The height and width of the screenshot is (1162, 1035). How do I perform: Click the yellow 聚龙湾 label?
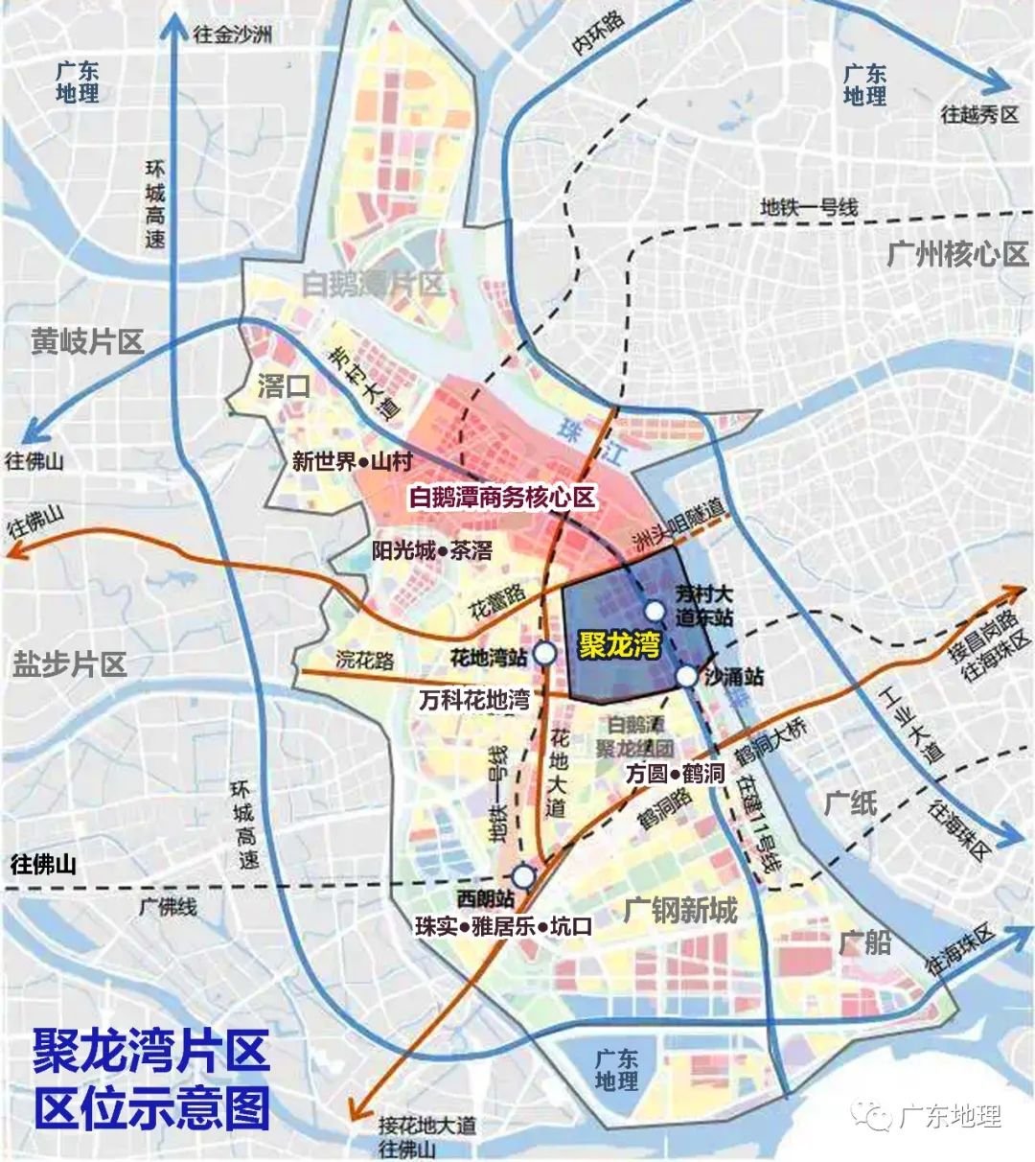pos(619,645)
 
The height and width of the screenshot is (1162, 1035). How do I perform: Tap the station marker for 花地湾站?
pos(543,654)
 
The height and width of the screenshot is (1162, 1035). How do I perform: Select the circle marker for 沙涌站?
pos(687,677)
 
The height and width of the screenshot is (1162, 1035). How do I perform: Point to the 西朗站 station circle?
pos(522,876)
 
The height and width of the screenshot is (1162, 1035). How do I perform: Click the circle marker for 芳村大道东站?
pos(654,611)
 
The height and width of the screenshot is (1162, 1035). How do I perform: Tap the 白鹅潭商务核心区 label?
pos(502,498)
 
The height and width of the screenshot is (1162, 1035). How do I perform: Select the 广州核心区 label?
pos(956,254)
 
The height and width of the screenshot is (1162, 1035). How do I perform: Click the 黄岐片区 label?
pos(87,340)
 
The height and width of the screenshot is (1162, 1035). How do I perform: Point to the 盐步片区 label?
pos(70,663)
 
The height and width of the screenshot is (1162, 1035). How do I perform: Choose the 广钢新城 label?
pos(680,909)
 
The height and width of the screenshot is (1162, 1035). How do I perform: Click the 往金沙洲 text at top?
pos(233,35)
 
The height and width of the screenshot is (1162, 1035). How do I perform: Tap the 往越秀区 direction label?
pos(979,115)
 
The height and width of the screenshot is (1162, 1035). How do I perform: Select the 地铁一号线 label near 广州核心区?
pos(809,207)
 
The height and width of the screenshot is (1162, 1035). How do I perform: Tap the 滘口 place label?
pos(285,385)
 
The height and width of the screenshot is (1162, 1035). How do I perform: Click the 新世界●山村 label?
pos(352,462)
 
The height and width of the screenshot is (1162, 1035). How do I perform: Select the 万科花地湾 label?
pos(474,700)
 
